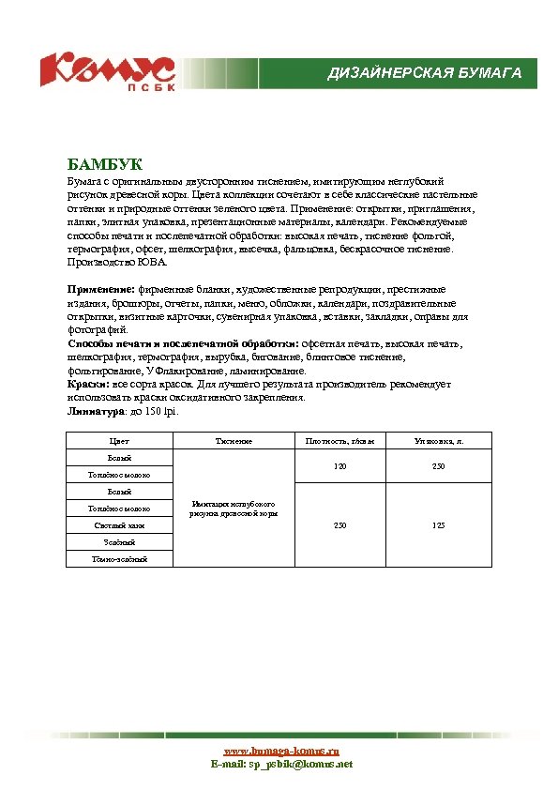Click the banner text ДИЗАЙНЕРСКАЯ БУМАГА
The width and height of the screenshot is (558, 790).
click(424, 73)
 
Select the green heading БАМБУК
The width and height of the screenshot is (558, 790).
click(104, 164)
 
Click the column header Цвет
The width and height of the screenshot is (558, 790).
click(119, 440)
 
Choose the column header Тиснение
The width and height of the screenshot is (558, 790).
click(234, 440)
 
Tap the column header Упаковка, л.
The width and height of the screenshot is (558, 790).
click(438, 440)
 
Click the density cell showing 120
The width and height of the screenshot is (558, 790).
click(339, 466)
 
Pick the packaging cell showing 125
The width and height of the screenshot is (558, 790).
click(438, 525)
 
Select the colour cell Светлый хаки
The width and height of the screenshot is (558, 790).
click(119, 525)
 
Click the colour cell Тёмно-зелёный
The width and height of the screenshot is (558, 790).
click(119, 559)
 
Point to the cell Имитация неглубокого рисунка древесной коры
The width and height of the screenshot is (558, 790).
click(234, 509)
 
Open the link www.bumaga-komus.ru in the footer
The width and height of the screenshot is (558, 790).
click(280, 752)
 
